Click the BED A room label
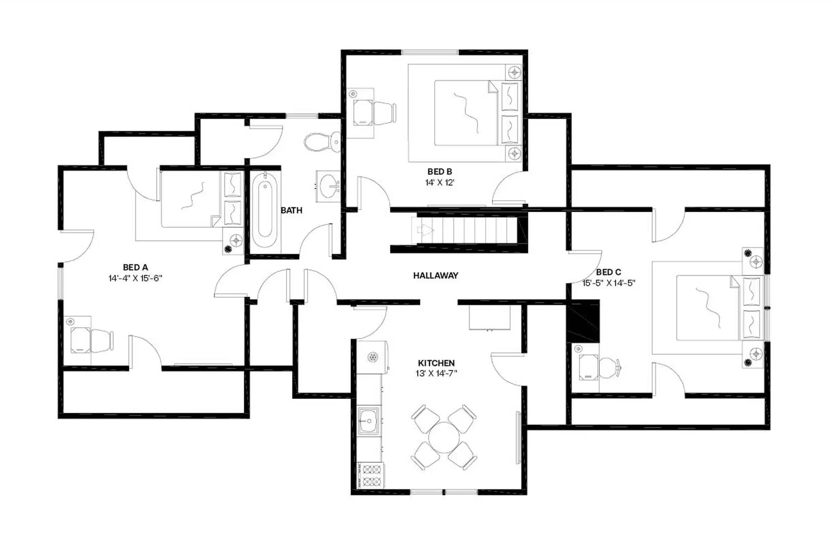[x=135, y=267]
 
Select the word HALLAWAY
[x=435, y=275]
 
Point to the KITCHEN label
[x=436, y=363]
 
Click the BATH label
[x=292, y=210]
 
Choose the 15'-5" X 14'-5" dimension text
[x=608, y=283]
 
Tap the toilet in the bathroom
[x=321, y=142]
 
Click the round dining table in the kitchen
[x=444, y=438]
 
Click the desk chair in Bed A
[x=101, y=340]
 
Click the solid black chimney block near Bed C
[x=583, y=321]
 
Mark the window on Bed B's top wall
[x=429, y=52]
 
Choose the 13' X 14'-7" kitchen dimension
[x=436, y=374]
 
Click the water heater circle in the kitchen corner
[x=373, y=357]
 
